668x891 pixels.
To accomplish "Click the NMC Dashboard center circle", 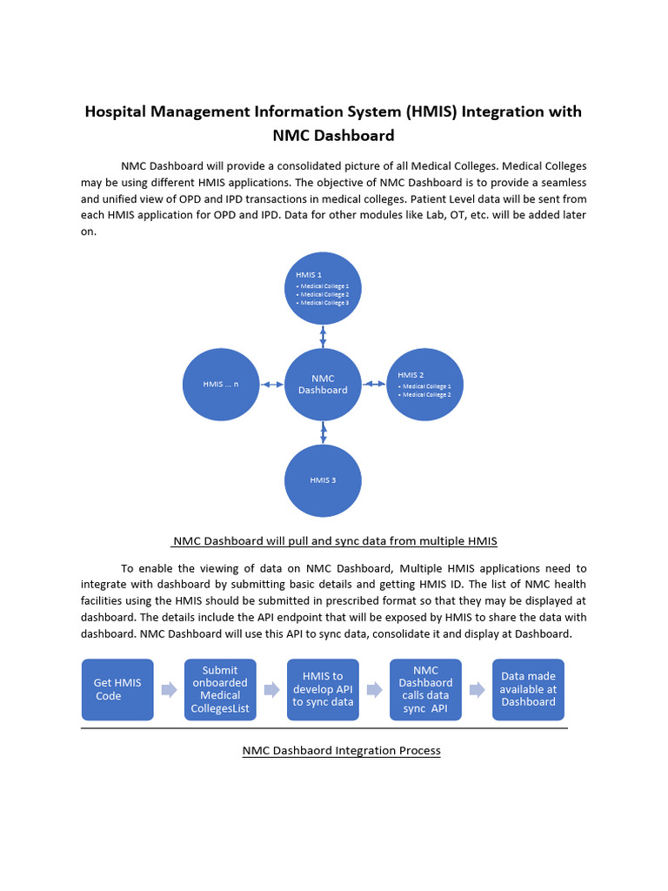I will (x=323, y=385).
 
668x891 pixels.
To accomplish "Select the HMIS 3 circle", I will (x=323, y=479).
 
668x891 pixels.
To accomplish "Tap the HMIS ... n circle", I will (x=220, y=384).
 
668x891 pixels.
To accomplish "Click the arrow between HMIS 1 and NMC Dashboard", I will (x=323, y=337).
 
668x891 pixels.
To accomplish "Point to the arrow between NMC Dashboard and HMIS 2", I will (x=373, y=384).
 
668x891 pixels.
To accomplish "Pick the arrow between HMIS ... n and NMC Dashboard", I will (x=271, y=385).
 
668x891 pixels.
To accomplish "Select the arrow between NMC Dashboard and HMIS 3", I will (x=323, y=432).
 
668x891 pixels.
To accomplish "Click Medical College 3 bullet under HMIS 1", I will (x=324, y=303).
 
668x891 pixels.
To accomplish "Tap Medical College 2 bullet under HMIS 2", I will (x=425, y=395).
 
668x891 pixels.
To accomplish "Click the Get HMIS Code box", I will (x=117, y=689).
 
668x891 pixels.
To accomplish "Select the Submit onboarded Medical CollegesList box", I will (x=220, y=689).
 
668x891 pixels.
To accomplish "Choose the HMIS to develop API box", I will (x=323, y=689).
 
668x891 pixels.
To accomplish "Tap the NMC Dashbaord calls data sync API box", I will (x=425, y=689).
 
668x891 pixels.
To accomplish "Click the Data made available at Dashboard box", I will (x=528, y=689).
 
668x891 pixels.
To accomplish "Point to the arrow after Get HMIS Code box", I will (x=169, y=690).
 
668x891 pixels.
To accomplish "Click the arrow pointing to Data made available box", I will (x=477, y=690).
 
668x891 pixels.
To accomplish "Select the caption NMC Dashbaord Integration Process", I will (x=341, y=750).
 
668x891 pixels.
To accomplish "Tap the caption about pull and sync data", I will (x=334, y=540).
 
